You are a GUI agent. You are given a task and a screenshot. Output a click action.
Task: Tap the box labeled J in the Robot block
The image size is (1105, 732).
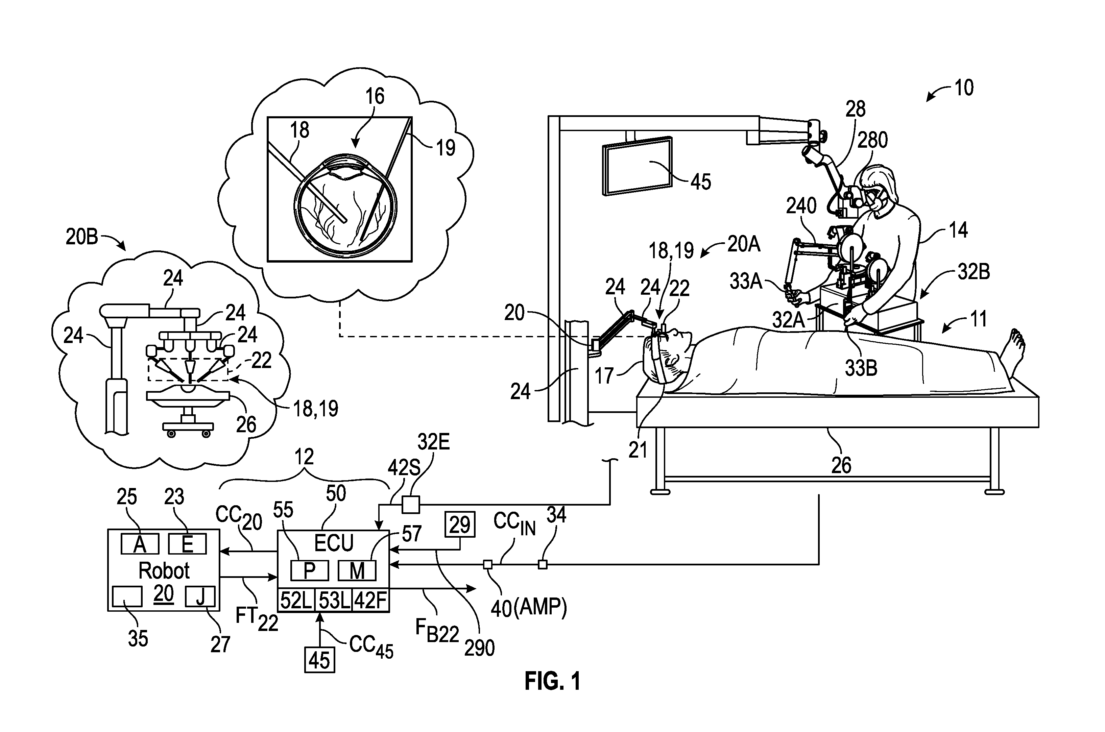[200, 596]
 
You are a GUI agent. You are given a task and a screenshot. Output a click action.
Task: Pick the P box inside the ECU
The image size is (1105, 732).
[310, 570]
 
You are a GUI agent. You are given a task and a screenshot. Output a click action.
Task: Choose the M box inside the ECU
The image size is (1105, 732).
[357, 570]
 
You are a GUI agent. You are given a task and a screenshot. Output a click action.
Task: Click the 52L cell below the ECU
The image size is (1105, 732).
[296, 600]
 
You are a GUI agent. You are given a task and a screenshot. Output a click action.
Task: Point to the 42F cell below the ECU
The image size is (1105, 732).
[371, 600]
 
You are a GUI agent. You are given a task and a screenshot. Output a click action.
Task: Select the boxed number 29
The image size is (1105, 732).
[460, 525]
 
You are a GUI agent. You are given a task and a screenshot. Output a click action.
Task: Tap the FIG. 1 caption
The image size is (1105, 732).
[553, 681]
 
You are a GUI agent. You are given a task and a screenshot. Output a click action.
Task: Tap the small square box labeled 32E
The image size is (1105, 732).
[410, 505]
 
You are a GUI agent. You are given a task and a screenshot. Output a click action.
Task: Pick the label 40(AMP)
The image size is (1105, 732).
[528, 607]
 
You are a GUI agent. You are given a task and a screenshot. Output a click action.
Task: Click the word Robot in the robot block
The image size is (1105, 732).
[164, 570]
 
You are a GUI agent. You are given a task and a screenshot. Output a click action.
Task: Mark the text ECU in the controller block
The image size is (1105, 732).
[334, 543]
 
